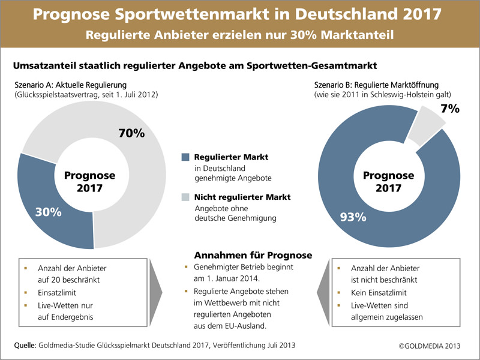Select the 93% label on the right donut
(353, 217)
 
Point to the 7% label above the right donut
(449, 109)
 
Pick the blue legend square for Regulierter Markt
(185, 157)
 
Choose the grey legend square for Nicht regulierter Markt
(185, 197)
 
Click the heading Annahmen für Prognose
(253, 255)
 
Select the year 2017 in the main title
(424, 14)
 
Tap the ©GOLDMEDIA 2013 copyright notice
(431, 346)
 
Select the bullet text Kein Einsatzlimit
(379, 293)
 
